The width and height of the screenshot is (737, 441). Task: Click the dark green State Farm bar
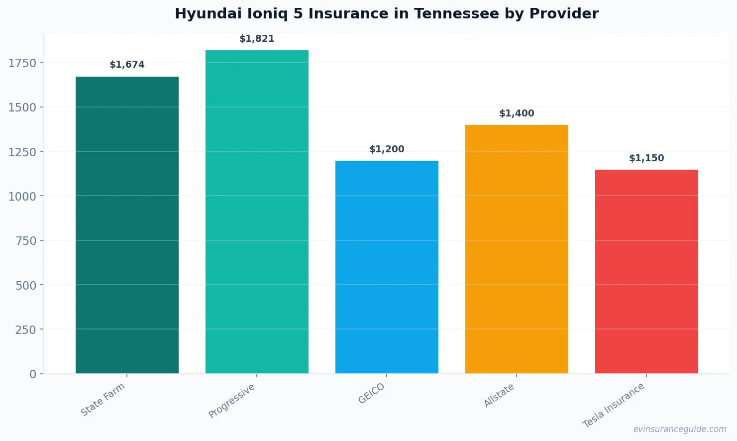click(x=127, y=225)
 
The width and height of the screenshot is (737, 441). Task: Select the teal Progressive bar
click(x=257, y=212)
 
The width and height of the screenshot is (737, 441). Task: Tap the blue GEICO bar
click(x=387, y=267)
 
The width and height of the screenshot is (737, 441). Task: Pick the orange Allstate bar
click(x=517, y=249)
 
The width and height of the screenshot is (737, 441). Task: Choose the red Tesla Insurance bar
click(x=646, y=271)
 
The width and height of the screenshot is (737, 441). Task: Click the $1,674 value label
click(x=127, y=65)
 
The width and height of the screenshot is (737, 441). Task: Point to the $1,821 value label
click(x=257, y=39)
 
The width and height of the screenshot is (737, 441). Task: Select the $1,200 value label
click(x=387, y=149)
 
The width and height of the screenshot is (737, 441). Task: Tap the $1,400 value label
click(x=517, y=113)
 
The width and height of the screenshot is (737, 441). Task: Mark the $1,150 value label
click(x=646, y=158)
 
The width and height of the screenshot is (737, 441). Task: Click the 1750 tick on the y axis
click(x=22, y=63)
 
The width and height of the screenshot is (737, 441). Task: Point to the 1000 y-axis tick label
click(x=22, y=196)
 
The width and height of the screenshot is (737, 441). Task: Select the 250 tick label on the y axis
click(x=25, y=330)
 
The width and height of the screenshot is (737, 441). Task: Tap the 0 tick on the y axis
click(x=33, y=374)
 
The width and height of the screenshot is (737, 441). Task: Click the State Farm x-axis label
click(x=103, y=400)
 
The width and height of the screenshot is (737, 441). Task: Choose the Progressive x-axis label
click(x=232, y=401)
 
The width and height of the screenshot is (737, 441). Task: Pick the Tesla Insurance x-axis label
click(x=614, y=405)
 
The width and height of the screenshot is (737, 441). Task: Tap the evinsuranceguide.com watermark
click(x=680, y=429)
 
